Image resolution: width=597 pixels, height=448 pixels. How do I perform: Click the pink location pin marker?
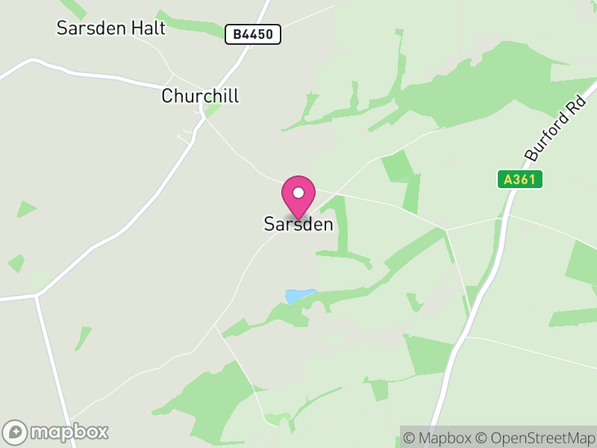pyautogui.click(x=298, y=196)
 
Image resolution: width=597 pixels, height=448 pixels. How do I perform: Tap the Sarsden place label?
pyautogui.click(x=298, y=224)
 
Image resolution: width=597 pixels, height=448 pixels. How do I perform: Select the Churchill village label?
pyautogui.click(x=200, y=96)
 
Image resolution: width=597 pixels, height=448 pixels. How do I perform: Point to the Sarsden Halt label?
pyautogui.click(x=110, y=28)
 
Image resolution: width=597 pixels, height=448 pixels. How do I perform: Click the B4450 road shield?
pyautogui.click(x=253, y=34)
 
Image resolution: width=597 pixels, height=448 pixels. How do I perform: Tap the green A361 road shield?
pyautogui.click(x=520, y=179)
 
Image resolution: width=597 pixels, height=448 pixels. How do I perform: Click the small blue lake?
pyautogui.click(x=300, y=296)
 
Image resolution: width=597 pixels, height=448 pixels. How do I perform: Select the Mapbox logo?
pyautogui.click(x=56, y=432)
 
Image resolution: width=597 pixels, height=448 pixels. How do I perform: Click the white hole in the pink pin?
pyautogui.click(x=298, y=193)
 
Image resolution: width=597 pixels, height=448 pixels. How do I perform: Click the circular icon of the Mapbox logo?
pyautogui.click(x=15, y=432)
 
